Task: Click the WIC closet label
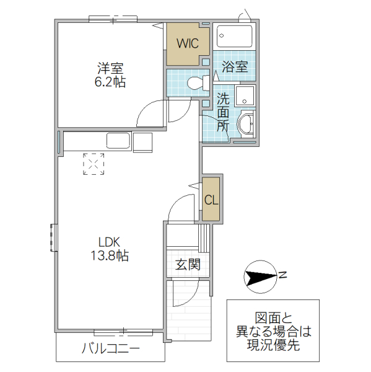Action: pyautogui.click(x=186, y=43)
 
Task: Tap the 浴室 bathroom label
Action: pyautogui.click(x=235, y=67)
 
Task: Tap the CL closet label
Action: pyautogui.click(x=211, y=200)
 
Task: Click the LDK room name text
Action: pyautogui.click(x=111, y=241)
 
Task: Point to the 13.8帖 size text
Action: pyautogui.click(x=111, y=255)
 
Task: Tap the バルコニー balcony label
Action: pyautogui.click(x=111, y=348)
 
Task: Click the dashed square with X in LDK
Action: pyautogui.click(x=94, y=164)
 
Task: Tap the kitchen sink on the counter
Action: pyautogui.click(x=118, y=141)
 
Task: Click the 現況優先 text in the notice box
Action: pyautogui.click(x=273, y=345)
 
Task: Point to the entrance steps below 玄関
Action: pyautogui.click(x=190, y=309)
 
